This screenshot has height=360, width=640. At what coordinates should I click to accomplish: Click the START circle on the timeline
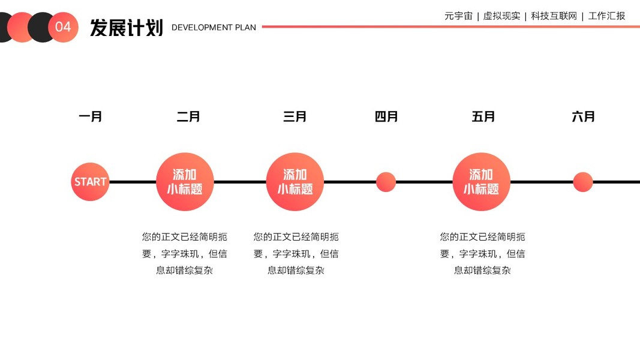click(90, 181)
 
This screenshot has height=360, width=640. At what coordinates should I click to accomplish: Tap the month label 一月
click(91, 116)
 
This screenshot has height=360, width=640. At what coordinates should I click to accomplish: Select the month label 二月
click(188, 116)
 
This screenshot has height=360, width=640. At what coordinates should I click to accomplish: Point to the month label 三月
click(295, 116)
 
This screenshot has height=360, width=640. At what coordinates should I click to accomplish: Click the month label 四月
click(386, 116)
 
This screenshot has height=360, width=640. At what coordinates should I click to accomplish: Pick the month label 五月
click(483, 116)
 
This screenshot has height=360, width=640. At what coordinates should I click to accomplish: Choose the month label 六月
click(583, 116)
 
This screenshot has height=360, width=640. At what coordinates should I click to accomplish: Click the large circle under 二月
click(185, 182)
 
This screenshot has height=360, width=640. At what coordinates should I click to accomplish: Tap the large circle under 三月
click(295, 182)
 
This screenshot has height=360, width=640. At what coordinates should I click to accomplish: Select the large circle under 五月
click(481, 182)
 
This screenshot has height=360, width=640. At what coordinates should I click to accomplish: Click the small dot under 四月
click(386, 182)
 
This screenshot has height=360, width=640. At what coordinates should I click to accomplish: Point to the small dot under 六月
click(583, 182)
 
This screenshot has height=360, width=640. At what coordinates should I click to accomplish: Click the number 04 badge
click(63, 27)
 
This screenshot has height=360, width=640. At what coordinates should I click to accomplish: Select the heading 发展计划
click(127, 28)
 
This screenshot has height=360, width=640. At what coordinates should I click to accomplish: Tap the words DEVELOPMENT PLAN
click(214, 28)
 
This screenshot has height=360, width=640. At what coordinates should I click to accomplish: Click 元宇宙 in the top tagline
click(458, 16)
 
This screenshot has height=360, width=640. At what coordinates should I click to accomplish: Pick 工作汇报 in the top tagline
click(606, 16)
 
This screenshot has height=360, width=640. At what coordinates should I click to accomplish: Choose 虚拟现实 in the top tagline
click(501, 16)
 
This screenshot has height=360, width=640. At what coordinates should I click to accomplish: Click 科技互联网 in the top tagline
click(554, 16)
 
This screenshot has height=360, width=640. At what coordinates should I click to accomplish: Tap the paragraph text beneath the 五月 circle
click(482, 253)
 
